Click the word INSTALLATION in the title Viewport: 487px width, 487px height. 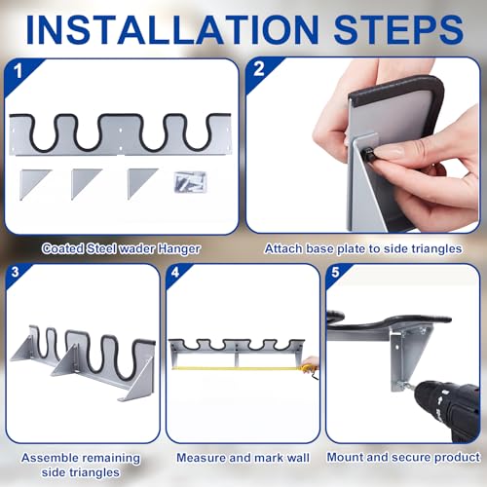tap(172, 30)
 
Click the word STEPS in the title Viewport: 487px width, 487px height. tap(398, 30)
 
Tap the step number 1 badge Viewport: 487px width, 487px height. tap(19, 71)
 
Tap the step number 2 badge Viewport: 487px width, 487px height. tap(259, 69)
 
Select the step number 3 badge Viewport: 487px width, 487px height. tap(15, 272)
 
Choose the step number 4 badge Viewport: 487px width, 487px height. tap(175, 272)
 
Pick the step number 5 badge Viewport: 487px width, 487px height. tap(335, 272)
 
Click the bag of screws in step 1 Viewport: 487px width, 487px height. tap(190, 182)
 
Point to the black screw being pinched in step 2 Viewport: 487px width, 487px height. tap(369, 152)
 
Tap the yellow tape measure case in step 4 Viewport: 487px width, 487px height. tap(307, 367)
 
